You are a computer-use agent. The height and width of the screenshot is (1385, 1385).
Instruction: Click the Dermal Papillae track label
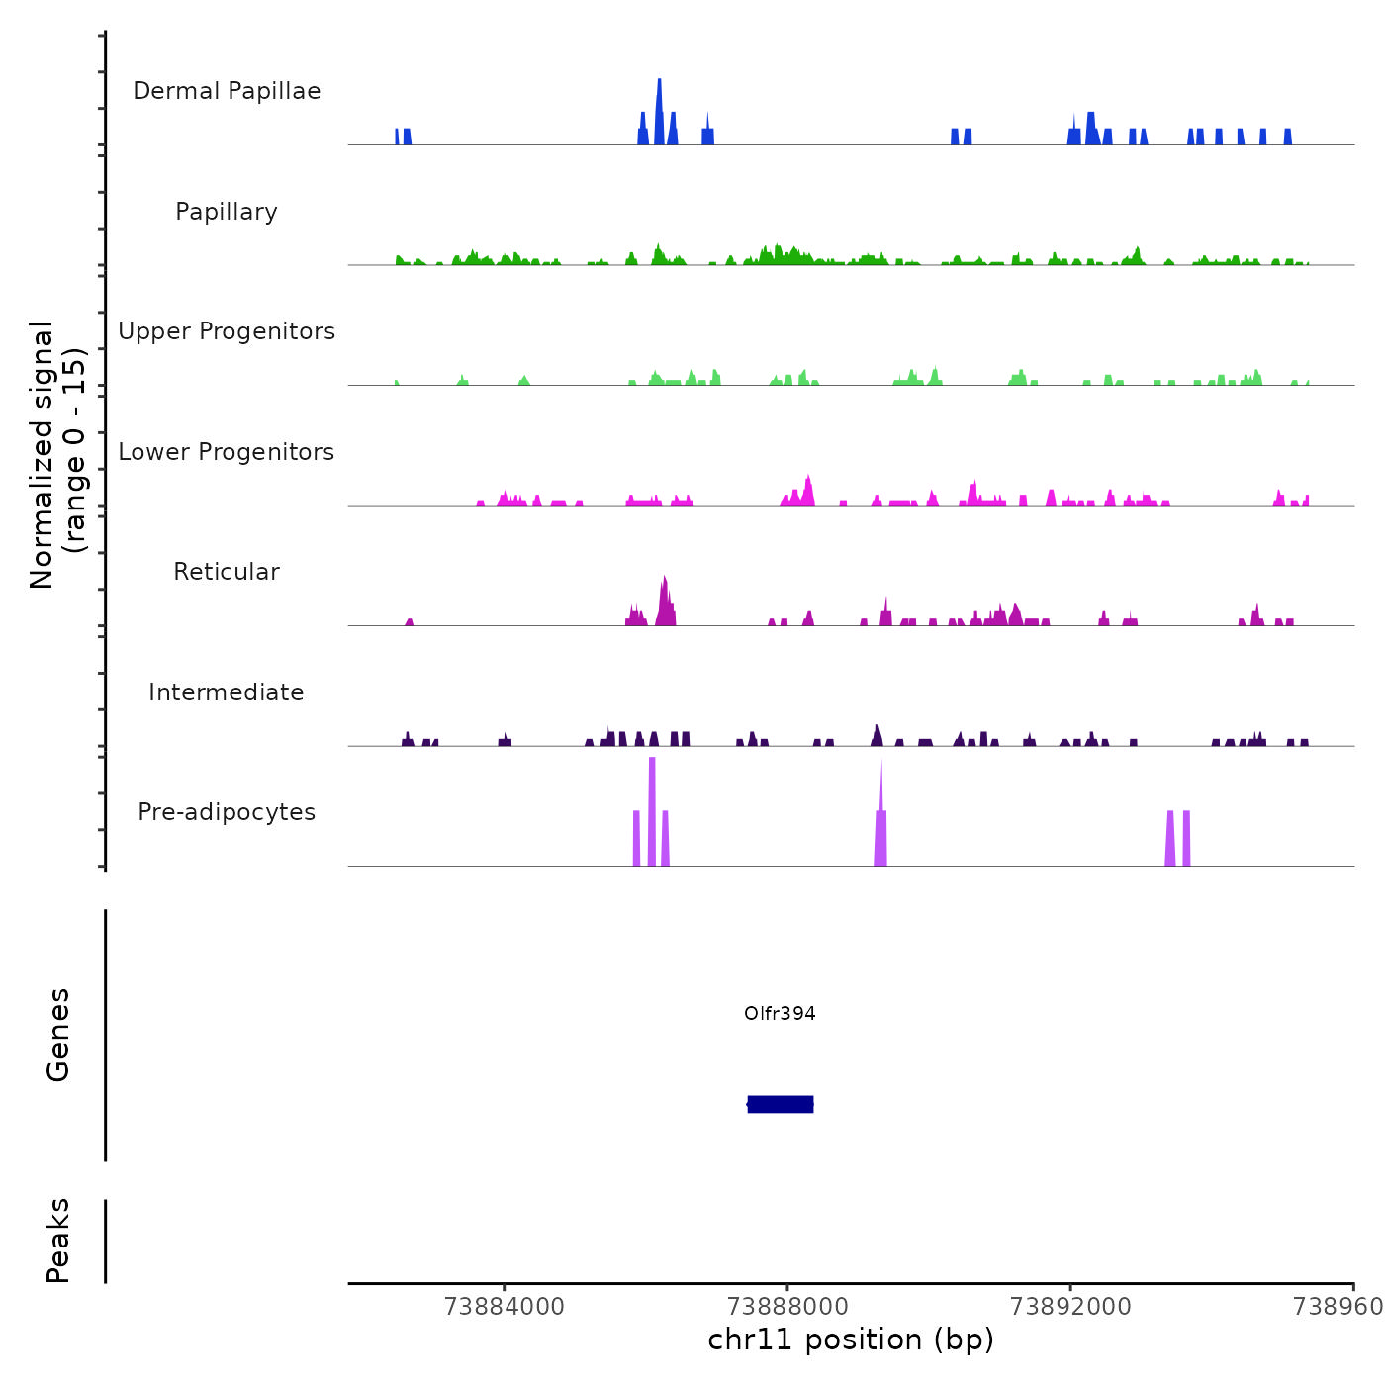(x=227, y=91)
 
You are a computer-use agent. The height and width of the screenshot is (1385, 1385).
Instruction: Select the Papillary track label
(x=227, y=212)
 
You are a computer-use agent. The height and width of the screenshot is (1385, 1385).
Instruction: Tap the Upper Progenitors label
(x=227, y=331)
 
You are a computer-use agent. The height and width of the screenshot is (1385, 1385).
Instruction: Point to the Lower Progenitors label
(x=227, y=452)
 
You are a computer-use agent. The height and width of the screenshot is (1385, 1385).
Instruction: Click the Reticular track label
(x=227, y=572)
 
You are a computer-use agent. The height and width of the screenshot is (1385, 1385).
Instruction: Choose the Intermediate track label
(x=227, y=692)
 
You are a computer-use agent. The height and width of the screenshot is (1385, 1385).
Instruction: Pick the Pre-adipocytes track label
(x=227, y=812)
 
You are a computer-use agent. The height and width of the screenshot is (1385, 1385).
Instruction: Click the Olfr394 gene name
(x=780, y=1013)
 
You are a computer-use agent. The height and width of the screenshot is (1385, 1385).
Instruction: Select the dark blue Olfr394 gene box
(x=781, y=1104)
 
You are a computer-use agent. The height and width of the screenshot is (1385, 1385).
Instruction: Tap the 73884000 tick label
(x=505, y=1306)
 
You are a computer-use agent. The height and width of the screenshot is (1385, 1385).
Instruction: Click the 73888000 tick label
(x=787, y=1306)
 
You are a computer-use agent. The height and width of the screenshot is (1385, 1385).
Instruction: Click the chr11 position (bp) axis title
(x=851, y=1339)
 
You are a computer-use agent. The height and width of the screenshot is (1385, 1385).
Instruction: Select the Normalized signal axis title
(x=57, y=455)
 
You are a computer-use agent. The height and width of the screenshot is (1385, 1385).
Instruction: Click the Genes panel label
(x=58, y=1035)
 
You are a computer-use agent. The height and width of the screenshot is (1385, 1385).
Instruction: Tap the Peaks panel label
(x=58, y=1241)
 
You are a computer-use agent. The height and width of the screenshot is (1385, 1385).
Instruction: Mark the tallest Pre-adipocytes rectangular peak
(x=652, y=811)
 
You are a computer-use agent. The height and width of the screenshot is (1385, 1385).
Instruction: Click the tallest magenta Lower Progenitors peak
(x=808, y=491)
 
